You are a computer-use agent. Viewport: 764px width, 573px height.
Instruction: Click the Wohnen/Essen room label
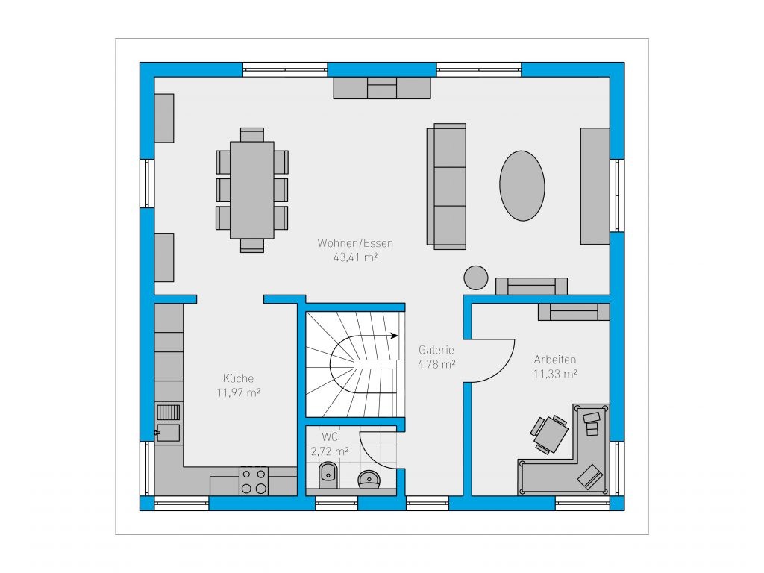pyautogui.click(x=355, y=242)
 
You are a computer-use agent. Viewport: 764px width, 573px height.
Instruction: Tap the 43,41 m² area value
pyautogui.click(x=356, y=257)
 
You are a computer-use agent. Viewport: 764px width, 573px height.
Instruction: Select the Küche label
pyautogui.click(x=238, y=378)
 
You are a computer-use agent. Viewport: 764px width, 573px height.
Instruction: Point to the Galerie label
pyautogui.click(x=436, y=350)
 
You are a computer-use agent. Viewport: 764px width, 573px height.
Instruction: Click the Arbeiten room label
pyautogui.click(x=555, y=360)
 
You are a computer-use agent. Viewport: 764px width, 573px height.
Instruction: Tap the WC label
pyautogui.click(x=330, y=437)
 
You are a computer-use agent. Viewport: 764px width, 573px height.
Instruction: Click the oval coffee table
pyautogui.click(x=522, y=186)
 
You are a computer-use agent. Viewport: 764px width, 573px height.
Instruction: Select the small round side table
pyautogui.click(x=475, y=278)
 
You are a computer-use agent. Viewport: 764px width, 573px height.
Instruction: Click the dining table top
pyautogui.click(x=252, y=190)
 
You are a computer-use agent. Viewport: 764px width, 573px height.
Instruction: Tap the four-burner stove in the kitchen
pyautogui.click(x=254, y=481)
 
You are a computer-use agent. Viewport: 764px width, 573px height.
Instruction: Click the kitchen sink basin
pyautogui.click(x=168, y=433)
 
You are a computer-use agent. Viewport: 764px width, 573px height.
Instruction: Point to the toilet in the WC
pyautogui.click(x=328, y=475)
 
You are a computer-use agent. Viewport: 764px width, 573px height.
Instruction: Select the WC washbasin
pyautogui.click(x=369, y=479)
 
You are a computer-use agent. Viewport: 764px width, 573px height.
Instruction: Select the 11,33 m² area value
pyautogui.click(x=555, y=374)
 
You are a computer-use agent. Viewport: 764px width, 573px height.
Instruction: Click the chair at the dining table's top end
pyautogui.click(x=252, y=134)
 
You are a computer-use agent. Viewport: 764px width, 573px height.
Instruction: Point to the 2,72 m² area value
pyautogui.click(x=330, y=451)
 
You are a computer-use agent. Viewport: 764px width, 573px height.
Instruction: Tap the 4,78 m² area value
pyautogui.click(x=436, y=364)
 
